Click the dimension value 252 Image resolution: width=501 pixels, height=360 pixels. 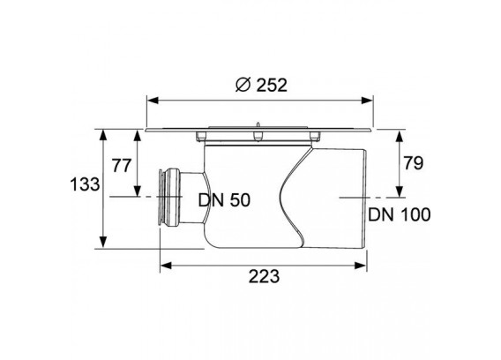(x=272, y=85)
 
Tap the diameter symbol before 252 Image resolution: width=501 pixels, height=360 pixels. (x=243, y=85)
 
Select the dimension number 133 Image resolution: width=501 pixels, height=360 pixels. (x=85, y=184)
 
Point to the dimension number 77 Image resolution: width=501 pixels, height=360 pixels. (x=122, y=166)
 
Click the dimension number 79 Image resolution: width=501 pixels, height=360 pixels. (x=413, y=162)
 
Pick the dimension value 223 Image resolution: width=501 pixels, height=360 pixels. (x=264, y=276)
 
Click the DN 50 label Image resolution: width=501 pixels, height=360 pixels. (x=224, y=200)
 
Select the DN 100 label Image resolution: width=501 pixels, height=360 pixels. (x=399, y=214)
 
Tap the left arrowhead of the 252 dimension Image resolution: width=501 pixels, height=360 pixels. (x=153, y=101)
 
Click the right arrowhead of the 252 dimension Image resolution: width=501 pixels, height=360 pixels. (x=367, y=101)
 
